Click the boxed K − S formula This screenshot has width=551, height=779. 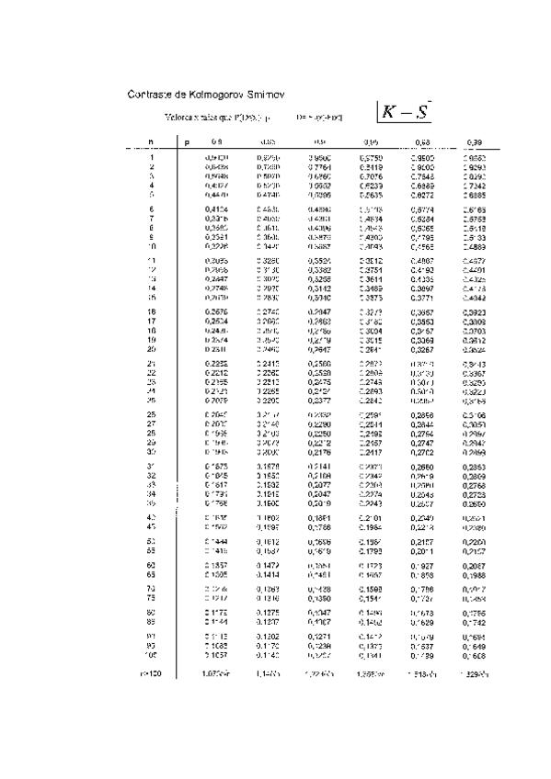point(406,112)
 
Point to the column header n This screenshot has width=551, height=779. point(151,142)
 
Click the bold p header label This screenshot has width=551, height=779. point(187,142)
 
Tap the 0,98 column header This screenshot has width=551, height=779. point(422,142)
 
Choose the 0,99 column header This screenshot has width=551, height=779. point(474,142)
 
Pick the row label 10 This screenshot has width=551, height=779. point(151,221)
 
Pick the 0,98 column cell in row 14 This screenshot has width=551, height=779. point(422,288)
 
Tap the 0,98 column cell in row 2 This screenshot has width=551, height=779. point(422,167)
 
